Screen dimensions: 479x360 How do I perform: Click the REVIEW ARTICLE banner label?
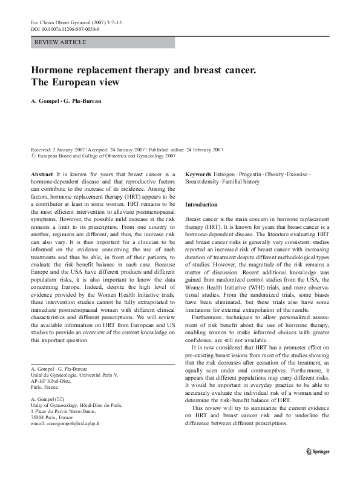(x=61, y=42)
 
